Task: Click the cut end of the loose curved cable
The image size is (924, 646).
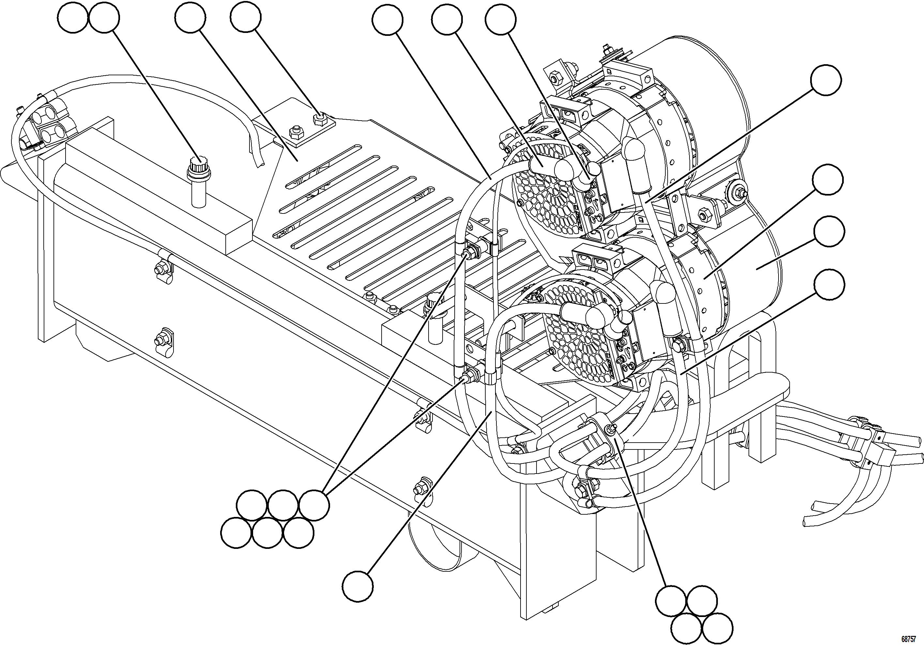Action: (258, 161)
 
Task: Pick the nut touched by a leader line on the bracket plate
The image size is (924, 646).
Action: (320, 119)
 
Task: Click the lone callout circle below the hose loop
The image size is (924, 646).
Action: (358, 587)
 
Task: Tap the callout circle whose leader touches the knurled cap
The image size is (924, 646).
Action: (104, 19)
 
